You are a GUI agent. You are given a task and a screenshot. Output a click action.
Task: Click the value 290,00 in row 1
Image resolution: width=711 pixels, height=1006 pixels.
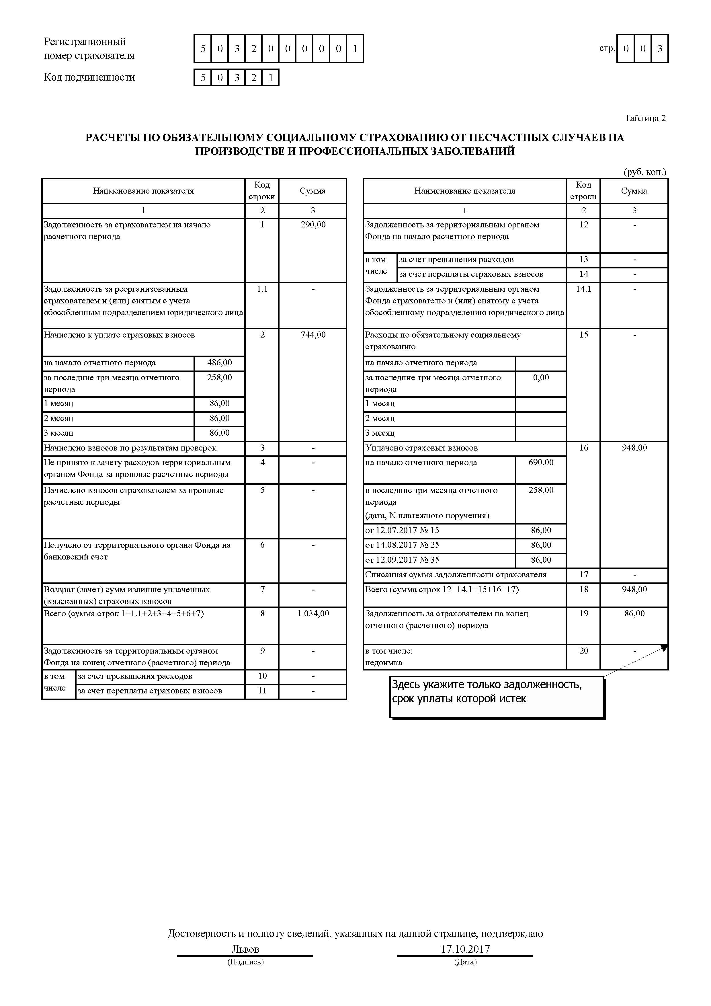pyautogui.click(x=313, y=225)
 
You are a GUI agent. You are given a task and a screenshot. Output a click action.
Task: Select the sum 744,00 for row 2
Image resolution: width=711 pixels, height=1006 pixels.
pyautogui.click(x=313, y=335)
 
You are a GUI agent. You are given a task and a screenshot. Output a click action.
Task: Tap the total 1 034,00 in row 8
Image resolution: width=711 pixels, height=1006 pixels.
pyautogui.click(x=313, y=613)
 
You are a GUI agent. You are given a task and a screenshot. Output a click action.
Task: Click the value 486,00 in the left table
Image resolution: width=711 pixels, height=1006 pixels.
pyautogui.click(x=220, y=363)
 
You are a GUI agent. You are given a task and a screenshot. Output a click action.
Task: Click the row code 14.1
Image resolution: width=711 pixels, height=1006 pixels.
pyautogui.click(x=583, y=289)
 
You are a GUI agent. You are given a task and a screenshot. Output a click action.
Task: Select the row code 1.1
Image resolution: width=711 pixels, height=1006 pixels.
pyautogui.click(x=262, y=289)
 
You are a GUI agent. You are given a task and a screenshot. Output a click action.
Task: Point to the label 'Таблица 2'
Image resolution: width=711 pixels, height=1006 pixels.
pyautogui.click(x=645, y=118)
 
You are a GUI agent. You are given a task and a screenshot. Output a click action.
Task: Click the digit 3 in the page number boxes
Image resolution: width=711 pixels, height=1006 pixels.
pyautogui.click(x=659, y=49)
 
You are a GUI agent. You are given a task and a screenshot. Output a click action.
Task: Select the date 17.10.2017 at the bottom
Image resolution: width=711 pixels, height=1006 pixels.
pyautogui.click(x=465, y=949)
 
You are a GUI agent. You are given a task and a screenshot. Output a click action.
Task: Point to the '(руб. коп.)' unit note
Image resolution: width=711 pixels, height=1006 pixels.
pyautogui.click(x=644, y=172)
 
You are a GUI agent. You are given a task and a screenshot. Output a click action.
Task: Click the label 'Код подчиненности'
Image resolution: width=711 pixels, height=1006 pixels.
pyautogui.click(x=89, y=77)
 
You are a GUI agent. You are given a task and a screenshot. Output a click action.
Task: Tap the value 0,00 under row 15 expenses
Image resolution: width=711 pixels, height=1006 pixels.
pyautogui.click(x=541, y=378)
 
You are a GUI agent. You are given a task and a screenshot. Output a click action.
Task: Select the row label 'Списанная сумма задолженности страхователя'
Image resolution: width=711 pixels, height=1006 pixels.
pyautogui.click(x=456, y=574)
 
